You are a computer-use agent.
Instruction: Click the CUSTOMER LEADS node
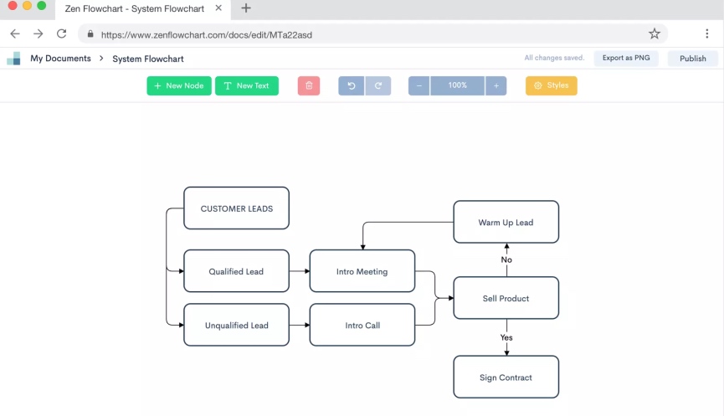tap(236, 208)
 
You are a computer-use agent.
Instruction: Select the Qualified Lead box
tap(236, 271)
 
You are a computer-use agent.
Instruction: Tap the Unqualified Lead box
tap(236, 325)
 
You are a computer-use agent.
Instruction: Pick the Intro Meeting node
tap(362, 271)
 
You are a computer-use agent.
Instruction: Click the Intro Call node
tap(362, 325)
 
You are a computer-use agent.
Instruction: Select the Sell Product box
tap(506, 298)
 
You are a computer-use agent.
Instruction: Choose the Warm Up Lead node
tap(506, 222)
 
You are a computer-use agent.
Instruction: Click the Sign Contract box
tap(506, 377)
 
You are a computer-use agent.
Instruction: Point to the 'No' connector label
tap(506, 259)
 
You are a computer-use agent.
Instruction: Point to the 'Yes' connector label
tap(506, 337)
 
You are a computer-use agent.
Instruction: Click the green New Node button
tap(179, 85)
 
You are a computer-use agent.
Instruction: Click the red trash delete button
tap(309, 85)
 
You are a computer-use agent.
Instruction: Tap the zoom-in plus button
tap(496, 85)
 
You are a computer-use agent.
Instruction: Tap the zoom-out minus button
tap(419, 85)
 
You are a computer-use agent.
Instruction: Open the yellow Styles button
tap(551, 85)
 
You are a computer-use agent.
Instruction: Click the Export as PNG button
tap(625, 59)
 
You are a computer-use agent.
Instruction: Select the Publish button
tap(692, 59)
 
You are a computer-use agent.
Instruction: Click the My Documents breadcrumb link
tap(60, 59)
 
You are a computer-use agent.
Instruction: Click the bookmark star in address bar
tap(655, 34)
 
